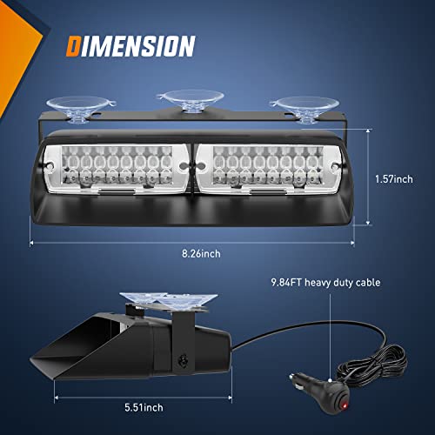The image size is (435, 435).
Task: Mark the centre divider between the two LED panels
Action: tap(187, 163)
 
